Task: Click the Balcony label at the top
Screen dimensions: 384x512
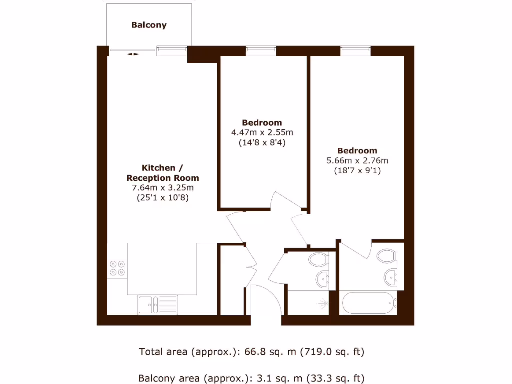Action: [149, 25]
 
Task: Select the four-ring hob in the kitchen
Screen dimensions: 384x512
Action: [118, 268]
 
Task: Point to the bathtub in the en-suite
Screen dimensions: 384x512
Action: [369, 302]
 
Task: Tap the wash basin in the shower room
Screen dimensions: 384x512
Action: [322, 279]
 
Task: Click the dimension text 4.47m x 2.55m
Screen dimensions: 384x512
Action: [262, 133]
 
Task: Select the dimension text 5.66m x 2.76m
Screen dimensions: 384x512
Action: [357, 161]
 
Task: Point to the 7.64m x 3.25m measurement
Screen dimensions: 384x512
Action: [162, 188]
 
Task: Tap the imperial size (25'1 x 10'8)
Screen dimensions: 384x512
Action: [162, 197]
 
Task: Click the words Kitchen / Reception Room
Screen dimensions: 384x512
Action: [162, 173]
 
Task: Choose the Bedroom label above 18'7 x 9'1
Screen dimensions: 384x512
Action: [357, 151]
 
